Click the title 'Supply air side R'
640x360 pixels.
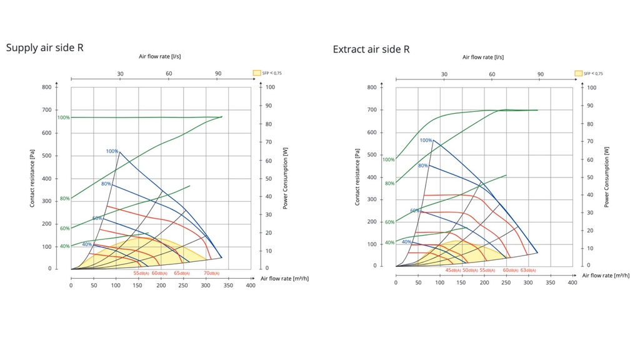click(44, 47)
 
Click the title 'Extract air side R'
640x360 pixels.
click(371, 49)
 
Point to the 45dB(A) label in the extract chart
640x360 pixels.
click(453, 270)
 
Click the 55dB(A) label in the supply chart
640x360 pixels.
click(141, 273)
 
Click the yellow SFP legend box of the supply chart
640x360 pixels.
click(256, 72)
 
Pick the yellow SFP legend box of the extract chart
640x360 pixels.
click(579, 73)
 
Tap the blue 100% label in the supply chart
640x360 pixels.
click(112, 151)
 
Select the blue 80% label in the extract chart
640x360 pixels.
click(422, 166)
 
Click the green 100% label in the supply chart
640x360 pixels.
click(63, 117)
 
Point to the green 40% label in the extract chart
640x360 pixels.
click(389, 242)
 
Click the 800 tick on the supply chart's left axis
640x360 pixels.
click(47, 87)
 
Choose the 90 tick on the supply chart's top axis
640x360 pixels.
click(218, 74)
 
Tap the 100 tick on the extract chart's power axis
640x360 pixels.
click(591, 87)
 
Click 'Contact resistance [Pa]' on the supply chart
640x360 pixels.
click(32, 178)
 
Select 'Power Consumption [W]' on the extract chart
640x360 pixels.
click(606, 178)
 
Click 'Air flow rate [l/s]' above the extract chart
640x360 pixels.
click(483, 57)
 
